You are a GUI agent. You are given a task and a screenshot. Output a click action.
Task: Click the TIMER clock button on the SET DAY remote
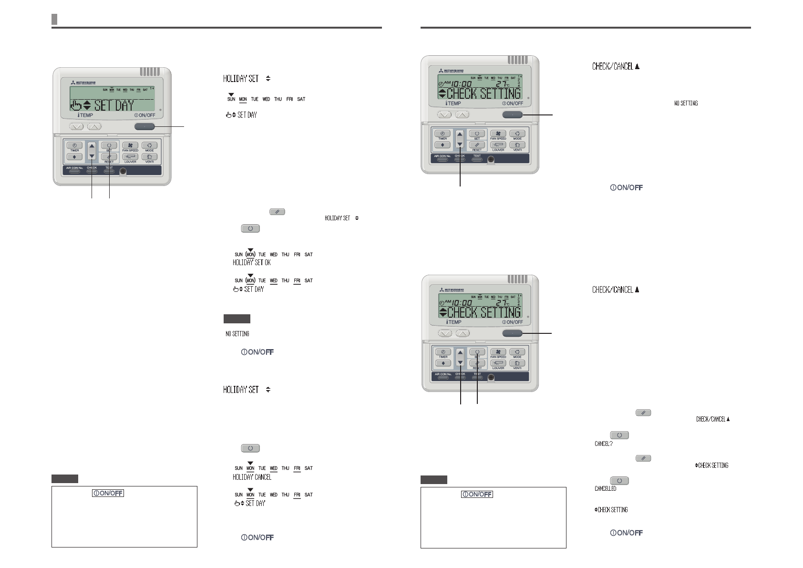click(74, 145)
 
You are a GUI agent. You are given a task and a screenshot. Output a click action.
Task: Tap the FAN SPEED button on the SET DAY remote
click(130, 145)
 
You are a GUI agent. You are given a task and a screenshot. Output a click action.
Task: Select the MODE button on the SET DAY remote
click(149, 145)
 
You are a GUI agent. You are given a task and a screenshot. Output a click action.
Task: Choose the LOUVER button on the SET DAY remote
click(130, 156)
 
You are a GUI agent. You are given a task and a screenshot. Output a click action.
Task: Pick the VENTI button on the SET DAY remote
click(149, 156)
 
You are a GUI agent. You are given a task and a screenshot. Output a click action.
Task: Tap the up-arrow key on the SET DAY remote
click(92, 146)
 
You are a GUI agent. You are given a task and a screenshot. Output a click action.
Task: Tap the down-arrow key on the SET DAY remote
click(92, 156)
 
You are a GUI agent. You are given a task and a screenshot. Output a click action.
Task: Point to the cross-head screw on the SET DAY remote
click(123, 171)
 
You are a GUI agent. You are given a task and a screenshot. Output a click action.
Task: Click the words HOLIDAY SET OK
click(252, 263)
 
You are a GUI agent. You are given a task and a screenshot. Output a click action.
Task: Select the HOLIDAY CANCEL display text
click(252, 477)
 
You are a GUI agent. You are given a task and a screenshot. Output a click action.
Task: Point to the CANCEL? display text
click(604, 444)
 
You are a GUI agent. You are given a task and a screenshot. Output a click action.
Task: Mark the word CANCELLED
click(605, 489)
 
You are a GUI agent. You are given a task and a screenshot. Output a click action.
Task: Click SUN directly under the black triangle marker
click(231, 99)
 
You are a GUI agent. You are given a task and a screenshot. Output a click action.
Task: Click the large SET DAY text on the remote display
click(114, 105)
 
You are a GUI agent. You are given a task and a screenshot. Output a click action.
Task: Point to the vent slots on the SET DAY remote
click(150, 72)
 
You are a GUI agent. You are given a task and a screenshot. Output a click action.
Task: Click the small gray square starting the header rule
click(54, 19)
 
